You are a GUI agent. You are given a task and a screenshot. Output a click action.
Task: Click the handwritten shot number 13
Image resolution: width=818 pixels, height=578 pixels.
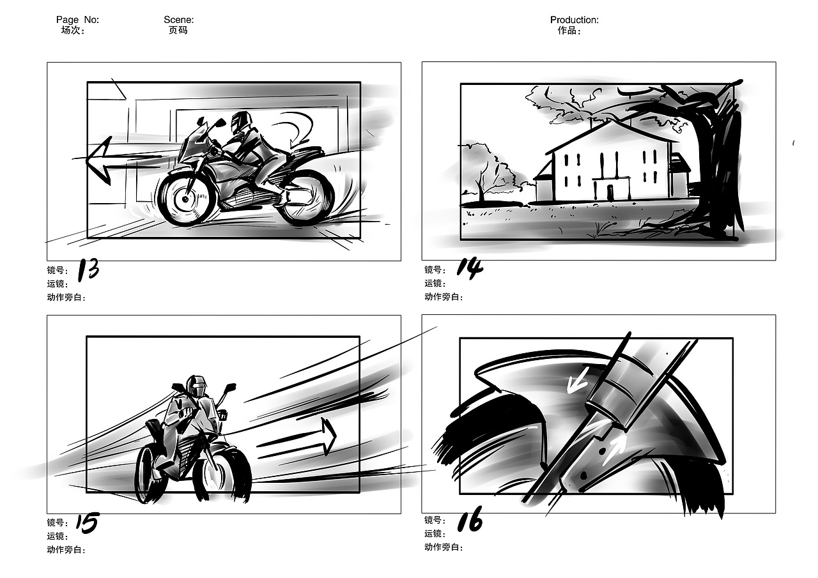coord(89,270)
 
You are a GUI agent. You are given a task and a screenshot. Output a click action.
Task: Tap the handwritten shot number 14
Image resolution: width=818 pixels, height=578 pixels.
coord(470,269)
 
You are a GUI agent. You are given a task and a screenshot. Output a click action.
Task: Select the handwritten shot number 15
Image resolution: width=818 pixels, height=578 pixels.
coord(88,523)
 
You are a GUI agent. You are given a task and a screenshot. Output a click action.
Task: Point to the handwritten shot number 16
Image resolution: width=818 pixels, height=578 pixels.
coord(470,519)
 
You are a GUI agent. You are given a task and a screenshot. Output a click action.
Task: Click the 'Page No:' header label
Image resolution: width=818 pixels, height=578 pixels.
coord(77,20)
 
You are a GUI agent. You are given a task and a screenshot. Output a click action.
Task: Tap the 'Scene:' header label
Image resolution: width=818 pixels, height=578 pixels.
coord(178,20)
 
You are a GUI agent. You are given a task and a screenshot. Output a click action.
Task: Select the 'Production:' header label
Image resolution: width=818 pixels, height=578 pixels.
coord(575,20)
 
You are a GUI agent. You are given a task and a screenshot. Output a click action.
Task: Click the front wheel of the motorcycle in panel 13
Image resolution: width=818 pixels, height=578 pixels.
coord(185,199)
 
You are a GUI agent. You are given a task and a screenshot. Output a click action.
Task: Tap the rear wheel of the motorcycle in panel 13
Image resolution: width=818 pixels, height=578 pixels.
coord(306,199)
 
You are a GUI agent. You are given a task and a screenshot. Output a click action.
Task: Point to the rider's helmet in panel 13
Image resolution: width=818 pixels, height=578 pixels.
coord(242,122)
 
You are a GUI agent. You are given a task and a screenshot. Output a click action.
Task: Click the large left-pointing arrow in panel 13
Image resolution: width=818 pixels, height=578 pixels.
coord(124,160)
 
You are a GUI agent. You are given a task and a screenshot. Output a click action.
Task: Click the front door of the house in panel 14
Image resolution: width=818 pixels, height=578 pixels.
coord(610,192)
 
